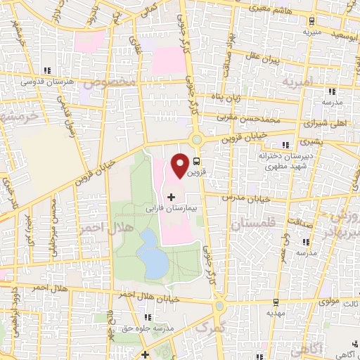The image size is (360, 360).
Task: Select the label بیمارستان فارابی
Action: tap(173, 209)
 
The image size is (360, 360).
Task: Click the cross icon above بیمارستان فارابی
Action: tap(172, 196)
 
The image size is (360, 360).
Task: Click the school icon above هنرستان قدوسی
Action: tap(48, 71)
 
